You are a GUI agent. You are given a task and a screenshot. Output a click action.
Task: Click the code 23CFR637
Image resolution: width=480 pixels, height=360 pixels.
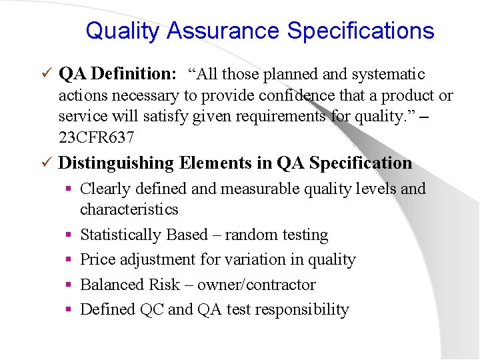pos(97,137)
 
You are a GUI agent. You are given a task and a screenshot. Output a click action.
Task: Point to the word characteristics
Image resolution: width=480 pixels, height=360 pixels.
pos(129,209)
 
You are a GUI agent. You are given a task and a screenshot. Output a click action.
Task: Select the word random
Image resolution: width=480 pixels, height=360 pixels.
pos(249,235)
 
